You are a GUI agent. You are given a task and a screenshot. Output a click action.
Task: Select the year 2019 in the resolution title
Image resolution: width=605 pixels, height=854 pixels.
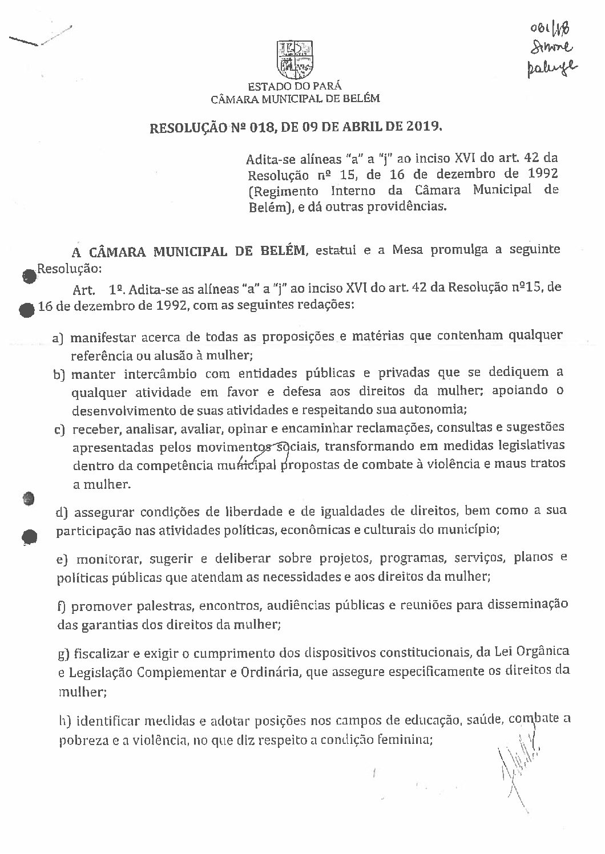423,126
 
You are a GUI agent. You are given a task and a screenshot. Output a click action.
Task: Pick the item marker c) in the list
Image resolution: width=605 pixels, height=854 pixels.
58,428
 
